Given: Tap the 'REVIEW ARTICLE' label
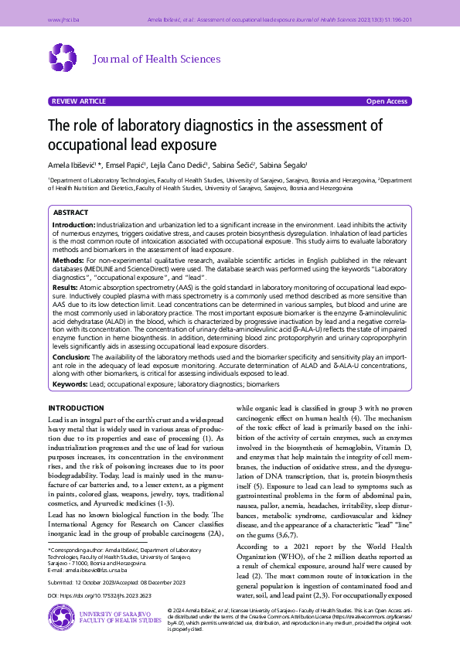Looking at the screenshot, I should (x=79, y=101).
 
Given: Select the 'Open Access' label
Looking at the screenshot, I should (x=387, y=101).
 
